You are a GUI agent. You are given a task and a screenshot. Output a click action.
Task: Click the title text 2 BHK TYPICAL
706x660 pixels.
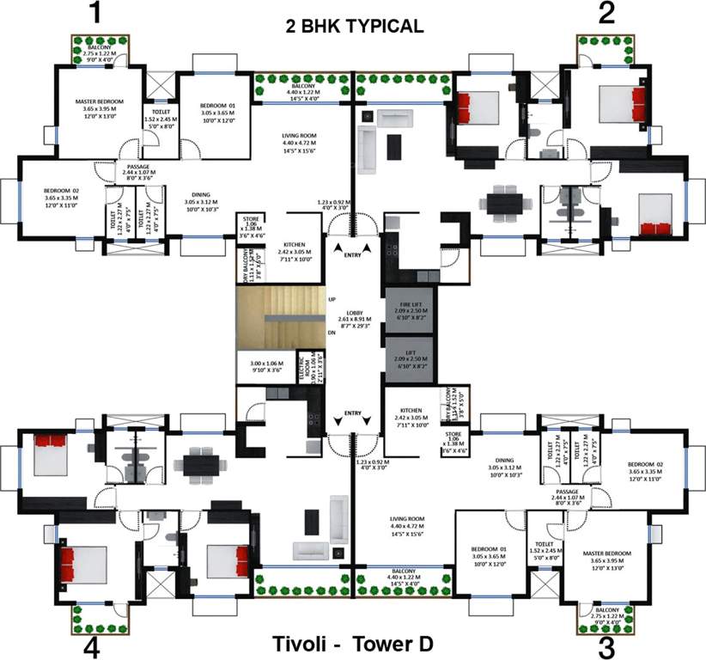coord(355,27)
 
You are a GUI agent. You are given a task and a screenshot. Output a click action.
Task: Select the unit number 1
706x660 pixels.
coord(95,13)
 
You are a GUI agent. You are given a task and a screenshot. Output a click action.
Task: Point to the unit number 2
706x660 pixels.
coord(607,13)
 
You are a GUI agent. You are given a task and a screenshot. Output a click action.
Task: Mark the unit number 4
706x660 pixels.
coord(91,647)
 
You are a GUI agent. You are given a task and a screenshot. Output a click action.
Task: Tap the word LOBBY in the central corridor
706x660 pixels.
coord(354,313)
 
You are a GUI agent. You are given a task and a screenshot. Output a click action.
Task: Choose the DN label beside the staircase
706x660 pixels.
coord(332,333)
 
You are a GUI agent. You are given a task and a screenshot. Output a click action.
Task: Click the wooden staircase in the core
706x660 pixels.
coord(279,318)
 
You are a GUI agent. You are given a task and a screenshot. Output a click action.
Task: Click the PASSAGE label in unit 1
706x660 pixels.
coord(138,167)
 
